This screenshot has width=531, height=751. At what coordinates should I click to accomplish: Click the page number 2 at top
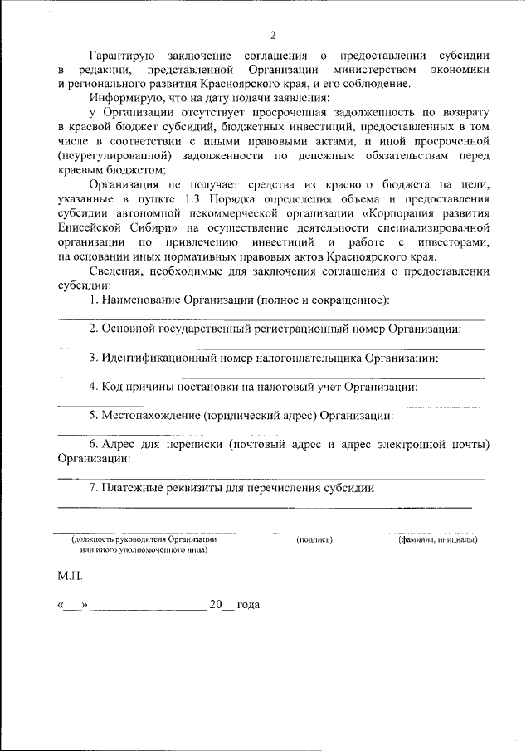tap(272, 35)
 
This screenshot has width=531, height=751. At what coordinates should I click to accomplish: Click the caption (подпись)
tap(314, 539)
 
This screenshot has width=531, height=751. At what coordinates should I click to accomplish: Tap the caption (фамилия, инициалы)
tap(436, 539)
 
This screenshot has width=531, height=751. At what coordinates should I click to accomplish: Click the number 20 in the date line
tap(217, 605)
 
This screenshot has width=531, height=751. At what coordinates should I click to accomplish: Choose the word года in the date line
tap(249, 605)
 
